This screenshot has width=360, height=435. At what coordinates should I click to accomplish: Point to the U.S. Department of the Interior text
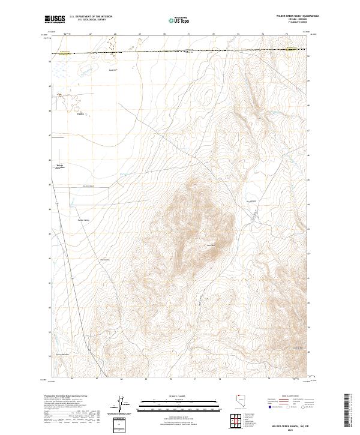point(90,16)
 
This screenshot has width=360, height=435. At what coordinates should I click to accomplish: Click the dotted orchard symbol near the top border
point(111,43)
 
